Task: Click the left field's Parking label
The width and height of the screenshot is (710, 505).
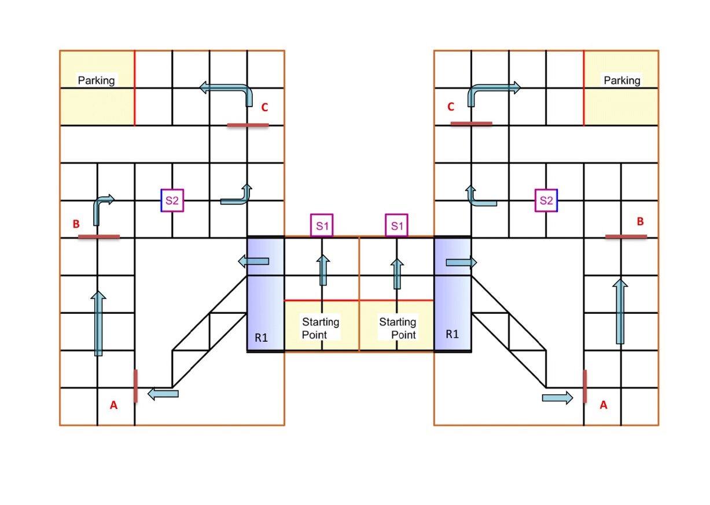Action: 97,80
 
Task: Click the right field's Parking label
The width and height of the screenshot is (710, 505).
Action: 622,80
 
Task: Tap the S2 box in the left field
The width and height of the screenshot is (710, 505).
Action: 172,201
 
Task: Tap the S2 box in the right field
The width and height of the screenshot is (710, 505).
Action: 546,201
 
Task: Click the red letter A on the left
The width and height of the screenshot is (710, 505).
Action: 114,406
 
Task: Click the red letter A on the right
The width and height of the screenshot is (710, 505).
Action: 604,406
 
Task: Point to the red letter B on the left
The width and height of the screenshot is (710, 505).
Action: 76,225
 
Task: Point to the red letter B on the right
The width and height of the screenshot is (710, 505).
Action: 640,221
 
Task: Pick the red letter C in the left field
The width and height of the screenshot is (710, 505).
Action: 264,107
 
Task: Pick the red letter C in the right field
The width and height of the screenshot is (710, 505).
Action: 451,107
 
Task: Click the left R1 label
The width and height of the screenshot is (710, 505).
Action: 262,337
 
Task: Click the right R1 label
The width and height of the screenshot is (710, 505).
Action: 452,334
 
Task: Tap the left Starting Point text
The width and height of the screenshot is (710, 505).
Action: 321,328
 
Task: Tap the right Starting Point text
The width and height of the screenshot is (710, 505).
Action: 398,328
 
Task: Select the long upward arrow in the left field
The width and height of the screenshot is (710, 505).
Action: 98,324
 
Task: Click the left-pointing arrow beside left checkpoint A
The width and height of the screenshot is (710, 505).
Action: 163,394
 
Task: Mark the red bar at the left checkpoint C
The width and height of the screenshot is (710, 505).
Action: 248,125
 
